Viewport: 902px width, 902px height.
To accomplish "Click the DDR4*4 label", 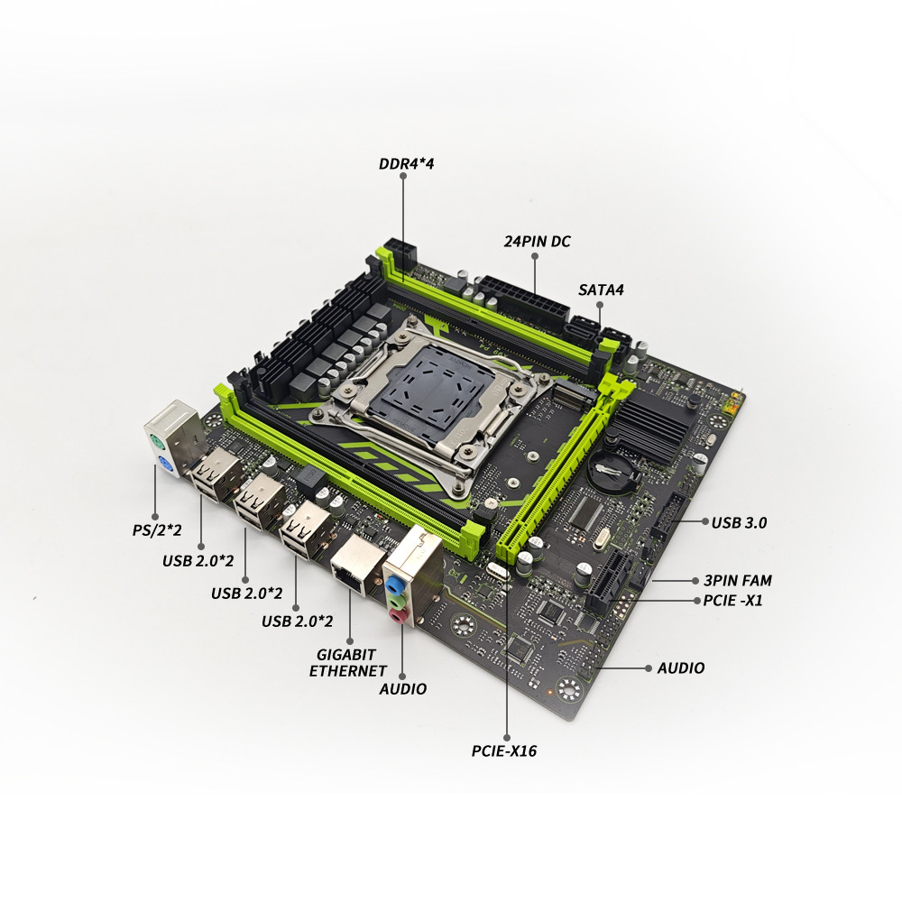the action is click(406, 164).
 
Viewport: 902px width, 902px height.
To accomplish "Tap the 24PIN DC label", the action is click(538, 242).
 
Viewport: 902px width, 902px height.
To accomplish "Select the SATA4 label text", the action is click(601, 290).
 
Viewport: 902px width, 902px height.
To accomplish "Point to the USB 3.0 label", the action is click(739, 523).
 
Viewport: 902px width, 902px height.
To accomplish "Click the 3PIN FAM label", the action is click(738, 580).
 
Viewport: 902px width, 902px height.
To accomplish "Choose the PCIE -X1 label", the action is click(732, 601).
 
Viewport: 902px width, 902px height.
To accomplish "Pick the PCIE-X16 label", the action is click(504, 750).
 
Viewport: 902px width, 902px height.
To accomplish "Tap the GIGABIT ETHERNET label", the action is click(348, 663).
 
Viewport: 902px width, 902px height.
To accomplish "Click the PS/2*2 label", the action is click(156, 529).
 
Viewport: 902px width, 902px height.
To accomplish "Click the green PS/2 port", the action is click(156, 442).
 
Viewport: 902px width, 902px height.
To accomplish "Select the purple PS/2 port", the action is click(163, 464).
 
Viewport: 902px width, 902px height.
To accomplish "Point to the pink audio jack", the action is click(398, 617).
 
